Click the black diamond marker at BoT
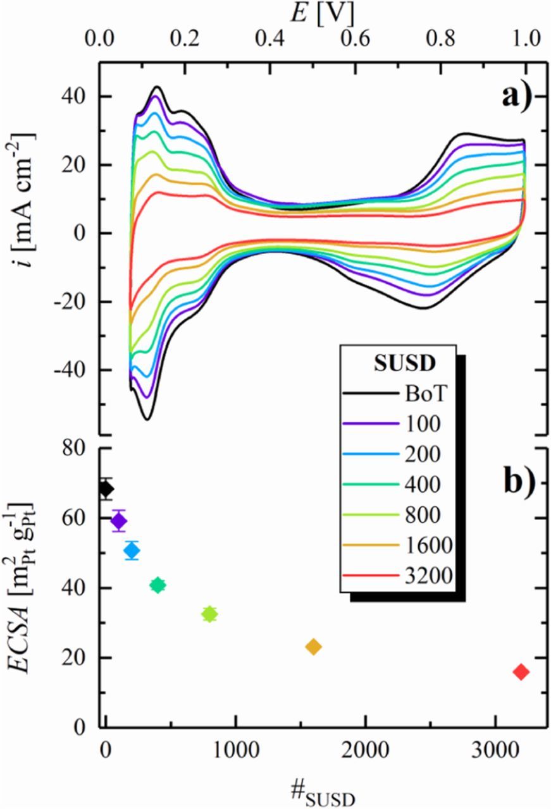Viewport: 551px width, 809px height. click(x=106, y=489)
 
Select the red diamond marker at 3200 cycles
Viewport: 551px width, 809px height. click(x=521, y=672)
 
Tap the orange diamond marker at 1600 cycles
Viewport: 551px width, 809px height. click(x=313, y=647)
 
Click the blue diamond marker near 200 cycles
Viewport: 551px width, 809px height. click(x=132, y=550)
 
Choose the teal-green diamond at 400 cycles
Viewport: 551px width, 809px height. click(x=158, y=585)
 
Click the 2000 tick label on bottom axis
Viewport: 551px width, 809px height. click(x=365, y=753)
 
